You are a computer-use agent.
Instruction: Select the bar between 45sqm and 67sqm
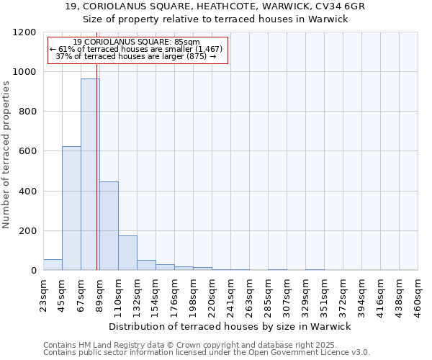pos(71,208)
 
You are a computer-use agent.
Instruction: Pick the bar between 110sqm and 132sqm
pos(127,253)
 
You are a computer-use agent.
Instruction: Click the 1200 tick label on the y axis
pos(25,32)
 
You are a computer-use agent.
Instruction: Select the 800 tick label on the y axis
pos(28,112)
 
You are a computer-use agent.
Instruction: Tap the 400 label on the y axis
pos(28,192)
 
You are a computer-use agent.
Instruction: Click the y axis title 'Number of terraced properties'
pos(6,155)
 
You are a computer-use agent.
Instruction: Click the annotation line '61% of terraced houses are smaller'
pos(137,49)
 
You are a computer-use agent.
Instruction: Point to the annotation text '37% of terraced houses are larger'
pos(135,56)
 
